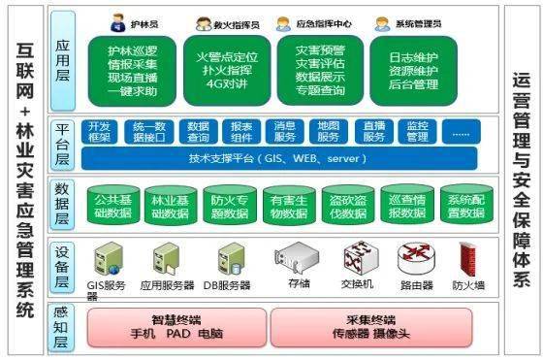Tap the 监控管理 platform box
tap(418, 131)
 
